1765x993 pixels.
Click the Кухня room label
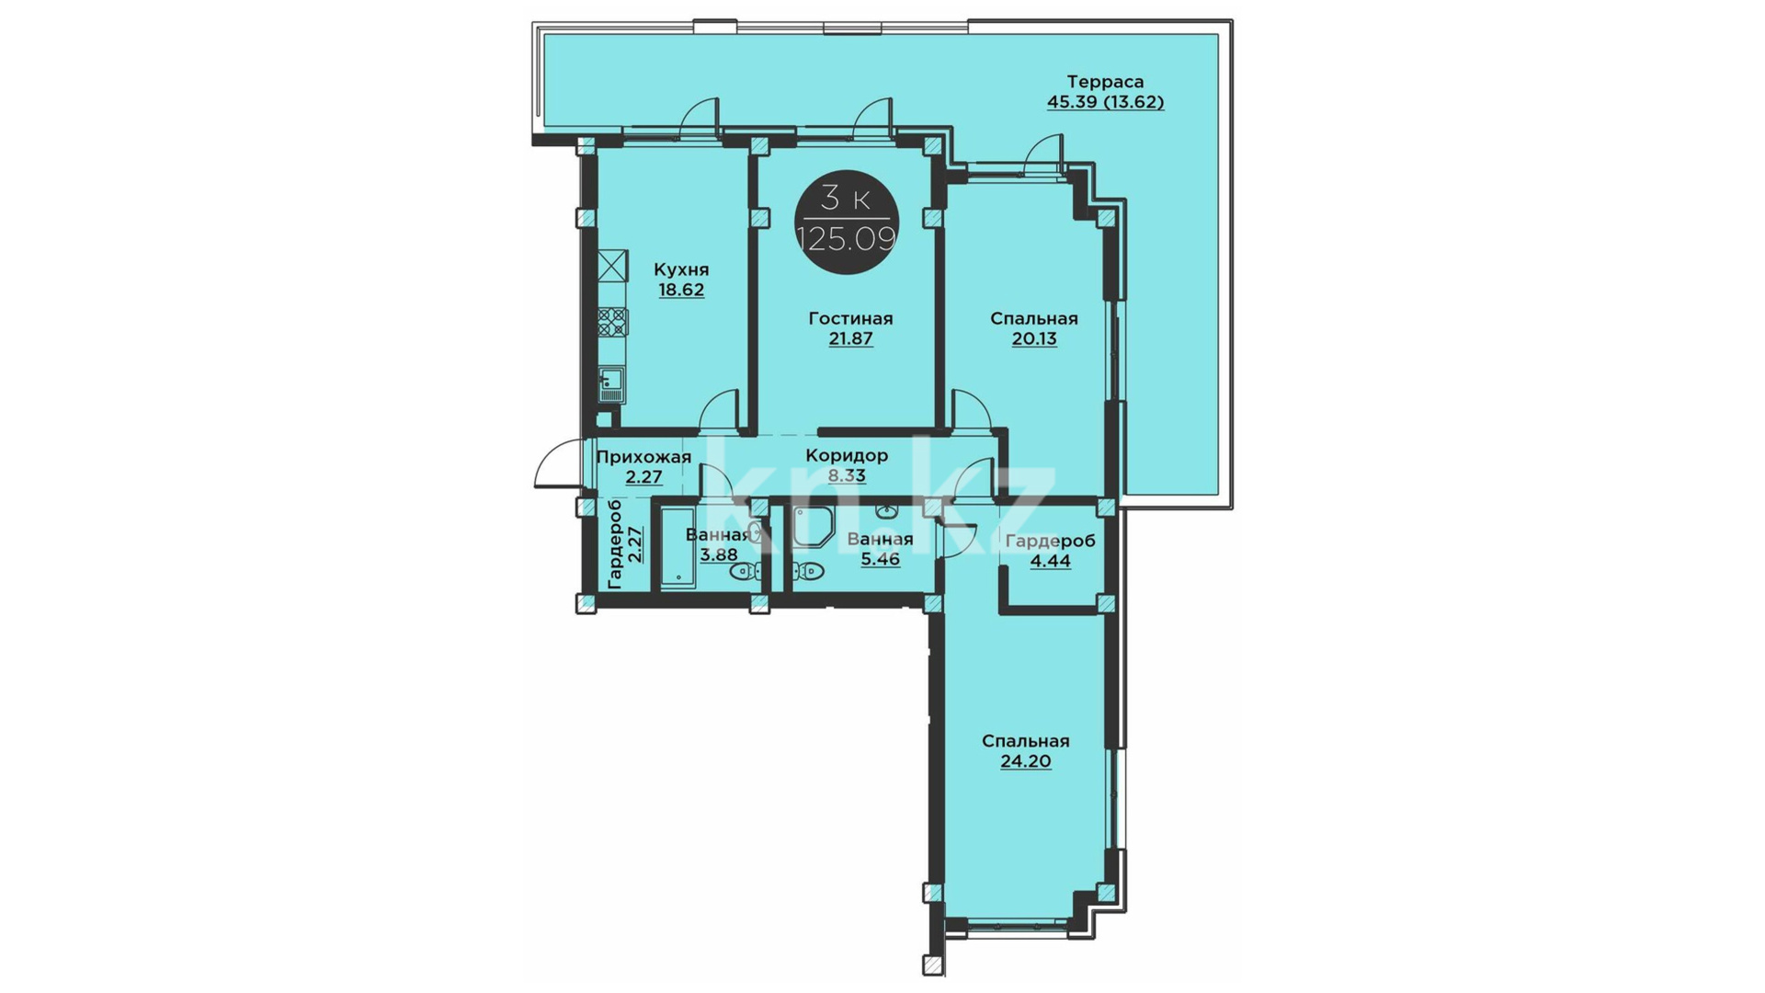coord(681,269)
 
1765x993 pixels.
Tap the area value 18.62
coord(681,290)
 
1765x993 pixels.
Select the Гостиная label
coord(850,318)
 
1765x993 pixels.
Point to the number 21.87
coord(850,338)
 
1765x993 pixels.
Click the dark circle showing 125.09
coord(846,222)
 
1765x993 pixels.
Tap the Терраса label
coord(1105,82)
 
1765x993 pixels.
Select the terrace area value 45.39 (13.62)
coord(1105,102)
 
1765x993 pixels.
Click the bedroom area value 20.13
coord(1034,338)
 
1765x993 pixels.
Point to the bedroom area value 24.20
coord(1026,761)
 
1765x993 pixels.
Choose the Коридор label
coord(847,456)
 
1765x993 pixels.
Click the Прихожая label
coord(643,457)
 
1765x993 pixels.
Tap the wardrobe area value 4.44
coord(1050,561)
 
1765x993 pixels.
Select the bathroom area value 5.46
coord(880,559)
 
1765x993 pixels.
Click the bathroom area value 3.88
coord(718,554)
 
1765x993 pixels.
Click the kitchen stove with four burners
coord(613,322)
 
